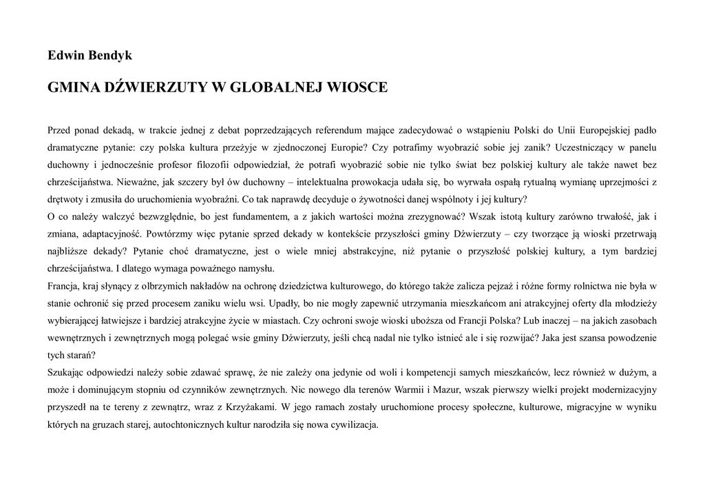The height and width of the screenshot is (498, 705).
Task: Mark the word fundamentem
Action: (x=246, y=217)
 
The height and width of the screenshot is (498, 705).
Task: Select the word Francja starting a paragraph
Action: (x=63, y=285)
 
